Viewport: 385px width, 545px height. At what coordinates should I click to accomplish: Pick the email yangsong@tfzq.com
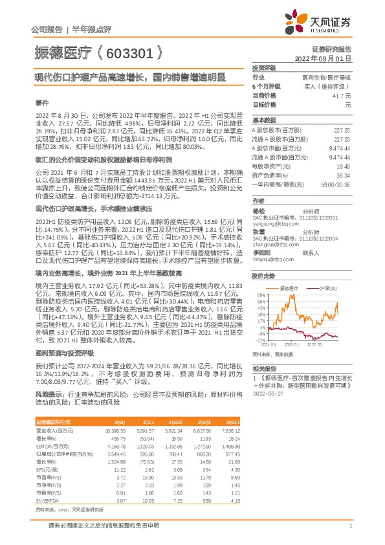coord(274,224)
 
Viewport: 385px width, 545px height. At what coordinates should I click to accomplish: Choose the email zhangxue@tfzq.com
coord(274,246)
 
